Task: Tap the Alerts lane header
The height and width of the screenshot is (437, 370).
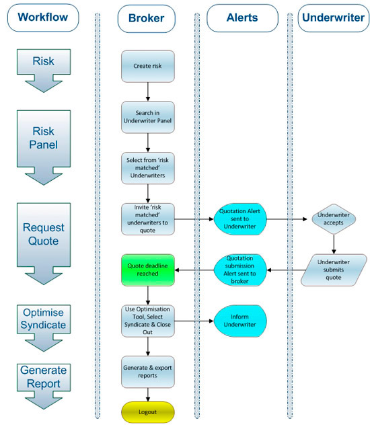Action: click(x=242, y=18)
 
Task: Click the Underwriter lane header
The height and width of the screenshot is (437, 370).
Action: click(x=334, y=18)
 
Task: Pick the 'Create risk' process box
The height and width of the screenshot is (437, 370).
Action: click(x=148, y=66)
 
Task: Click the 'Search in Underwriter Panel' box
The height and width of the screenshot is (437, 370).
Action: click(x=148, y=117)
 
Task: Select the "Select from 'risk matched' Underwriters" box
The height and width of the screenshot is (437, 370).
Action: click(x=148, y=167)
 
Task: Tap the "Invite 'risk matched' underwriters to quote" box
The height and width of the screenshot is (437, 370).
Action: click(x=148, y=218)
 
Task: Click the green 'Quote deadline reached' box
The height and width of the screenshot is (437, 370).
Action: click(x=148, y=269)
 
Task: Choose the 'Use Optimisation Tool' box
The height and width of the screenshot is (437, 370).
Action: click(x=148, y=320)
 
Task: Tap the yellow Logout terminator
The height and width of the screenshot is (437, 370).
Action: click(x=148, y=411)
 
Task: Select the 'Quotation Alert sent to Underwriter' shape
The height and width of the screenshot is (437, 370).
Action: click(x=242, y=218)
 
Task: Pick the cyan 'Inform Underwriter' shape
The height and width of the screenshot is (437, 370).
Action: click(x=242, y=321)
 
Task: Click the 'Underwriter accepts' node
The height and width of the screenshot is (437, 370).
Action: click(x=334, y=218)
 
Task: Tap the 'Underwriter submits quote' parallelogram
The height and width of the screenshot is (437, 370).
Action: click(x=334, y=269)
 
